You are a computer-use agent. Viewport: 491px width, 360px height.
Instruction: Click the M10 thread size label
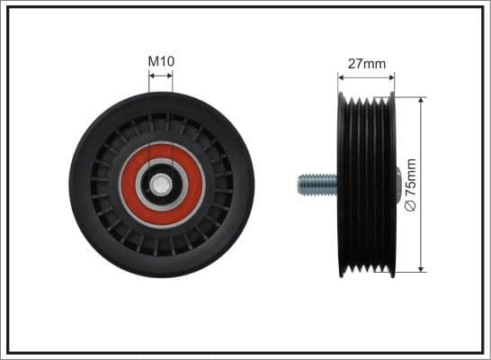pos(161,61)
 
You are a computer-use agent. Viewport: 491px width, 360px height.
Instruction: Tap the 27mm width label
pos(367,64)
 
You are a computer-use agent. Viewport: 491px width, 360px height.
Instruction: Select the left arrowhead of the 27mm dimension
pos(341,77)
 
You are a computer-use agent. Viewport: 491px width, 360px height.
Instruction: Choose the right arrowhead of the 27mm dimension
pos(393,77)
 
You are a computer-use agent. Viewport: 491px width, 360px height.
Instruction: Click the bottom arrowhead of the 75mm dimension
pos(420,268)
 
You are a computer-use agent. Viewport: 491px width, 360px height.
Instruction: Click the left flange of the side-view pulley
pos(341,184)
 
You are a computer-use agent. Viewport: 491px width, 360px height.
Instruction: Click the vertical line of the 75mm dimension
pos(420,144)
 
